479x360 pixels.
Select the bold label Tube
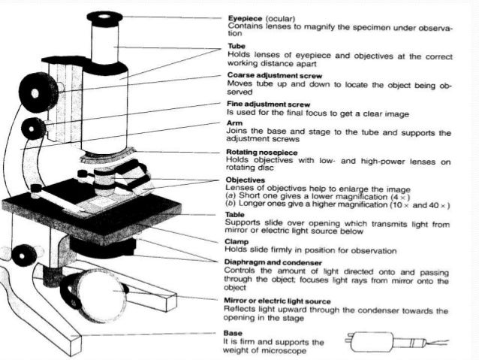tap(236, 47)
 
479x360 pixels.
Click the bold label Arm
tap(233, 123)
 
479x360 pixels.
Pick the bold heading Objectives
tap(246, 180)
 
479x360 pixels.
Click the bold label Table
tap(236, 214)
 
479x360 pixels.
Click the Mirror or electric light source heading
tap(282, 300)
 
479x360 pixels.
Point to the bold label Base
tap(234, 331)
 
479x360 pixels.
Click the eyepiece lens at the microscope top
tap(104, 16)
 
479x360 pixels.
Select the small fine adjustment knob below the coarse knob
tap(35, 127)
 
